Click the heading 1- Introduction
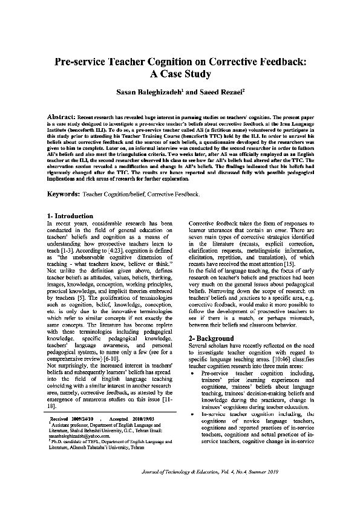click(x=70, y=216)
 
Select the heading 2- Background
click(x=211, y=338)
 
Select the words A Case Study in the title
click(x=180, y=74)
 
